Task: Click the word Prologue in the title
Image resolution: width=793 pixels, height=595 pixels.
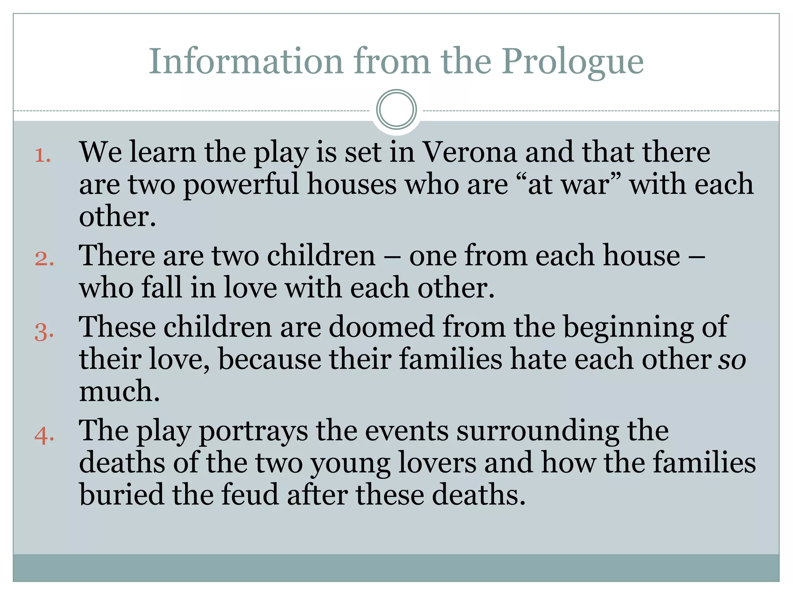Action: point(573,62)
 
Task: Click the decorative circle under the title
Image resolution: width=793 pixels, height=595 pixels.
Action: point(396,109)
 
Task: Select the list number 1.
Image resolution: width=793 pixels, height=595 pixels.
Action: point(43,156)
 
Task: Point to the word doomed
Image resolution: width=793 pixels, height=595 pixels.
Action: point(381,327)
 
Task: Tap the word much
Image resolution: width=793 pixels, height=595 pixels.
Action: point(119,391)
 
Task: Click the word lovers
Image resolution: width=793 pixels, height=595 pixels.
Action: point(437,463)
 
